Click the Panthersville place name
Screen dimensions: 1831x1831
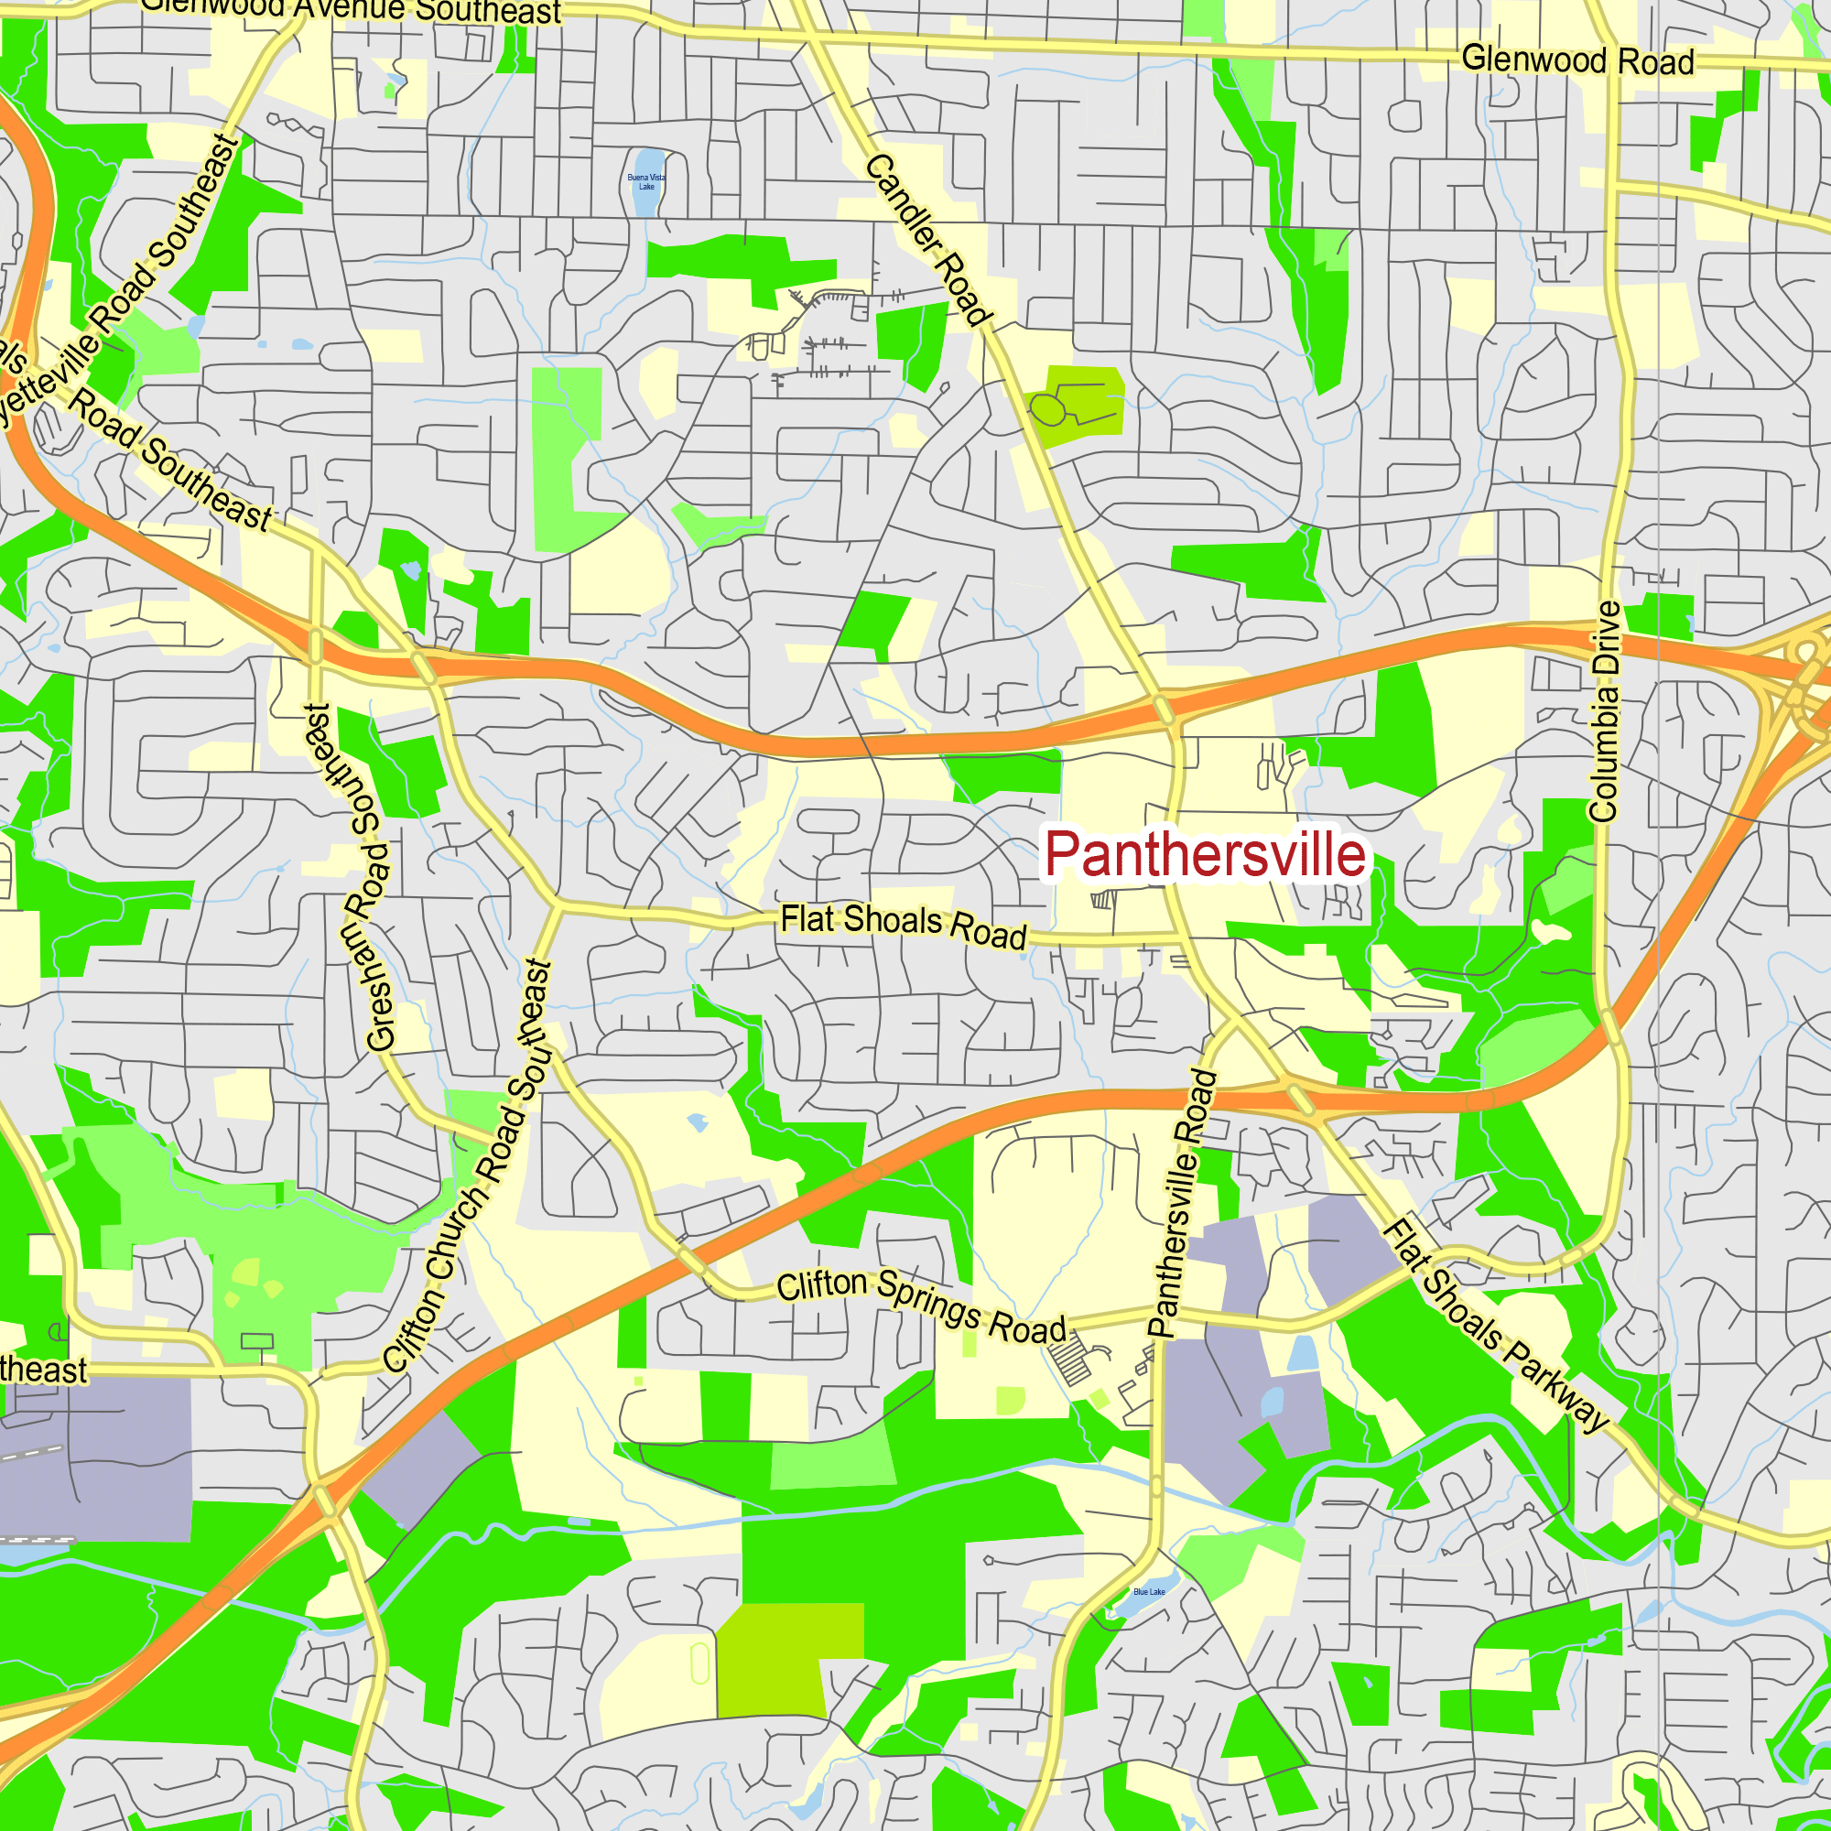(x=1205, y=854)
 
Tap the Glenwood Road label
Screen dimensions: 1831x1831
(x=1577, y=60)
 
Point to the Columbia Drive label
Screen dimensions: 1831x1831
(x=1605, y=711)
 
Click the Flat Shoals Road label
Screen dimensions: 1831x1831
(x=904, y=926)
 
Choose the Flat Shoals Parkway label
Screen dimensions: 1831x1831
(x=1496, y=1325)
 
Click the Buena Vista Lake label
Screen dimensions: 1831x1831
(x=646, y=182)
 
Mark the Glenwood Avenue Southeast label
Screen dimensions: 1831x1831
(x=351, y=10)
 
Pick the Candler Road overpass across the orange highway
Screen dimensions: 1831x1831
(x=1163, y=709)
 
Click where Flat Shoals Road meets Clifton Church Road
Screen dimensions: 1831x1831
(x=558, y=907)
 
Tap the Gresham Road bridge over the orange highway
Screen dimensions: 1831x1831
(x=316, y=646)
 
